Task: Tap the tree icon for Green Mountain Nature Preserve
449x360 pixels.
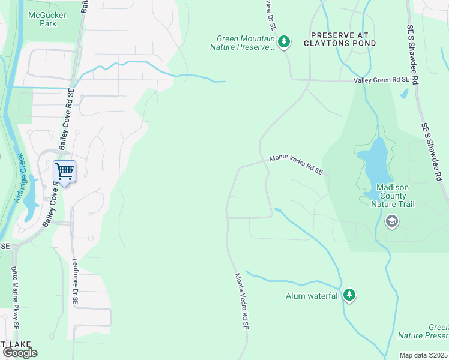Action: (x=285, y=42)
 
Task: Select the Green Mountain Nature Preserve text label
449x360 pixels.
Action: (x=245, y=43)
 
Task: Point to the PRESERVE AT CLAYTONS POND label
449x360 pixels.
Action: (x=340, y=40)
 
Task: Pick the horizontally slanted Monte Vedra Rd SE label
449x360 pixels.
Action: (x=296, y=164)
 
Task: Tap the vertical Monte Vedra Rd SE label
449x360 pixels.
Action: (x=241, y=301)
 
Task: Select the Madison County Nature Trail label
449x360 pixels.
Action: (x=393, y=196)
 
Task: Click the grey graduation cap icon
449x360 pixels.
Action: (x=392, y=222)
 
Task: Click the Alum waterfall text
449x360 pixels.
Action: (x=312, y=296)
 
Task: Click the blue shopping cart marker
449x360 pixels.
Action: (x=64, y=172)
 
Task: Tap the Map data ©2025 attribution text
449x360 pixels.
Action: (x=423, y=355)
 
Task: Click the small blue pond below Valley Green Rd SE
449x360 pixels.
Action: (x=405, y=94)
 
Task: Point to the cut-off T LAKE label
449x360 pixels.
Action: (x=11, y=344)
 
